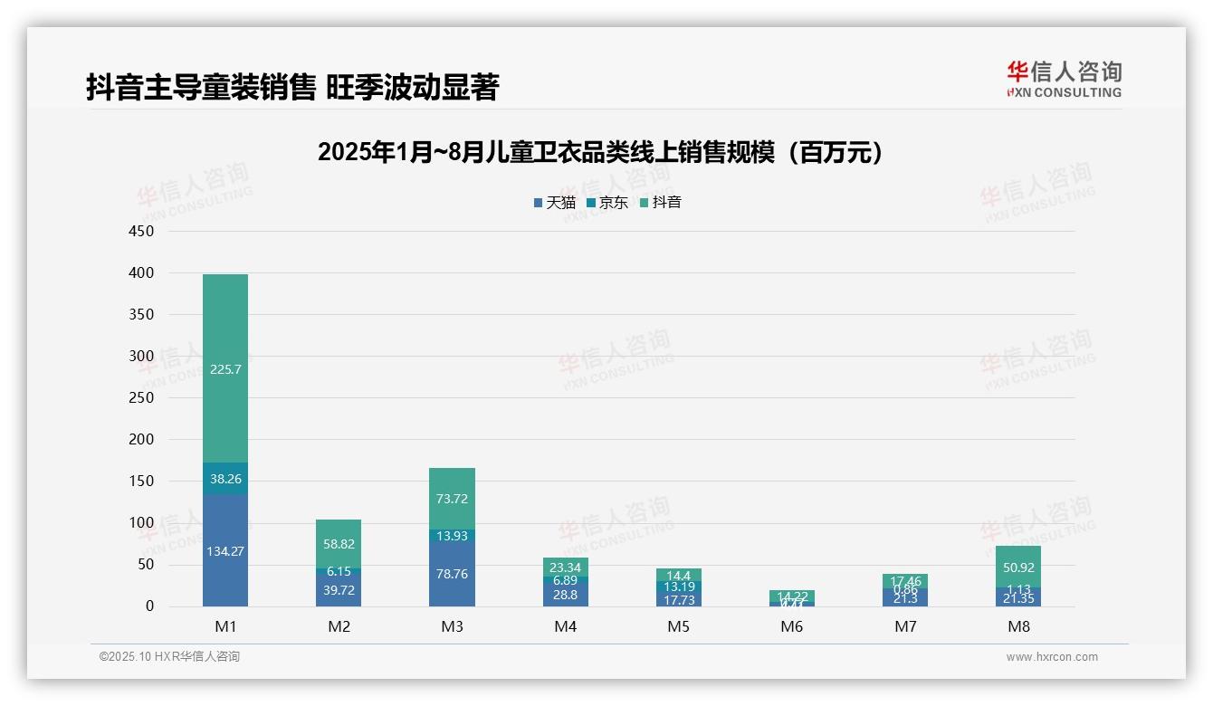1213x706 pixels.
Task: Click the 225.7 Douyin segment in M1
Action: pos(225,368)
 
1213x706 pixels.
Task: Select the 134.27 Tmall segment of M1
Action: pos(225,550)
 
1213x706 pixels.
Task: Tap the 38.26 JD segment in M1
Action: pos(225,479)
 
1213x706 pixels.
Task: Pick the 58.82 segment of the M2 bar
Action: pos(339,543)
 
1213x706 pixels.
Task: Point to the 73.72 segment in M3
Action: pos(452,499)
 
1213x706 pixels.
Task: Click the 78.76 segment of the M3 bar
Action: pos(452,574)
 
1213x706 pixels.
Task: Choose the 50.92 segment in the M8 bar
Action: pos(1018,568)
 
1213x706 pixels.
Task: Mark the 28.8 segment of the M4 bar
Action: pos(565,595)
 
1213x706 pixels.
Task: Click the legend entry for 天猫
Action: pos(554,203)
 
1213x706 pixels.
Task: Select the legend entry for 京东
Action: pos(607,203)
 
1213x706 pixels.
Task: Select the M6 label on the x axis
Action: pos(791,626)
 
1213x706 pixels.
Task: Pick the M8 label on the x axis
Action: pos(1018,626)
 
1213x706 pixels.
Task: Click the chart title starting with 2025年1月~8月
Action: pos(599,153)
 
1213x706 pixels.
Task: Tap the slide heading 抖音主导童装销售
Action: pos(292,88)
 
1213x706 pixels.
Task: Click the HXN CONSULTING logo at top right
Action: pos(1064,80)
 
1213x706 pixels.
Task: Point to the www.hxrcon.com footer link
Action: pos(1052,657)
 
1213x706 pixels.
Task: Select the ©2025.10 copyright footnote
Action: pos(169,657)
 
